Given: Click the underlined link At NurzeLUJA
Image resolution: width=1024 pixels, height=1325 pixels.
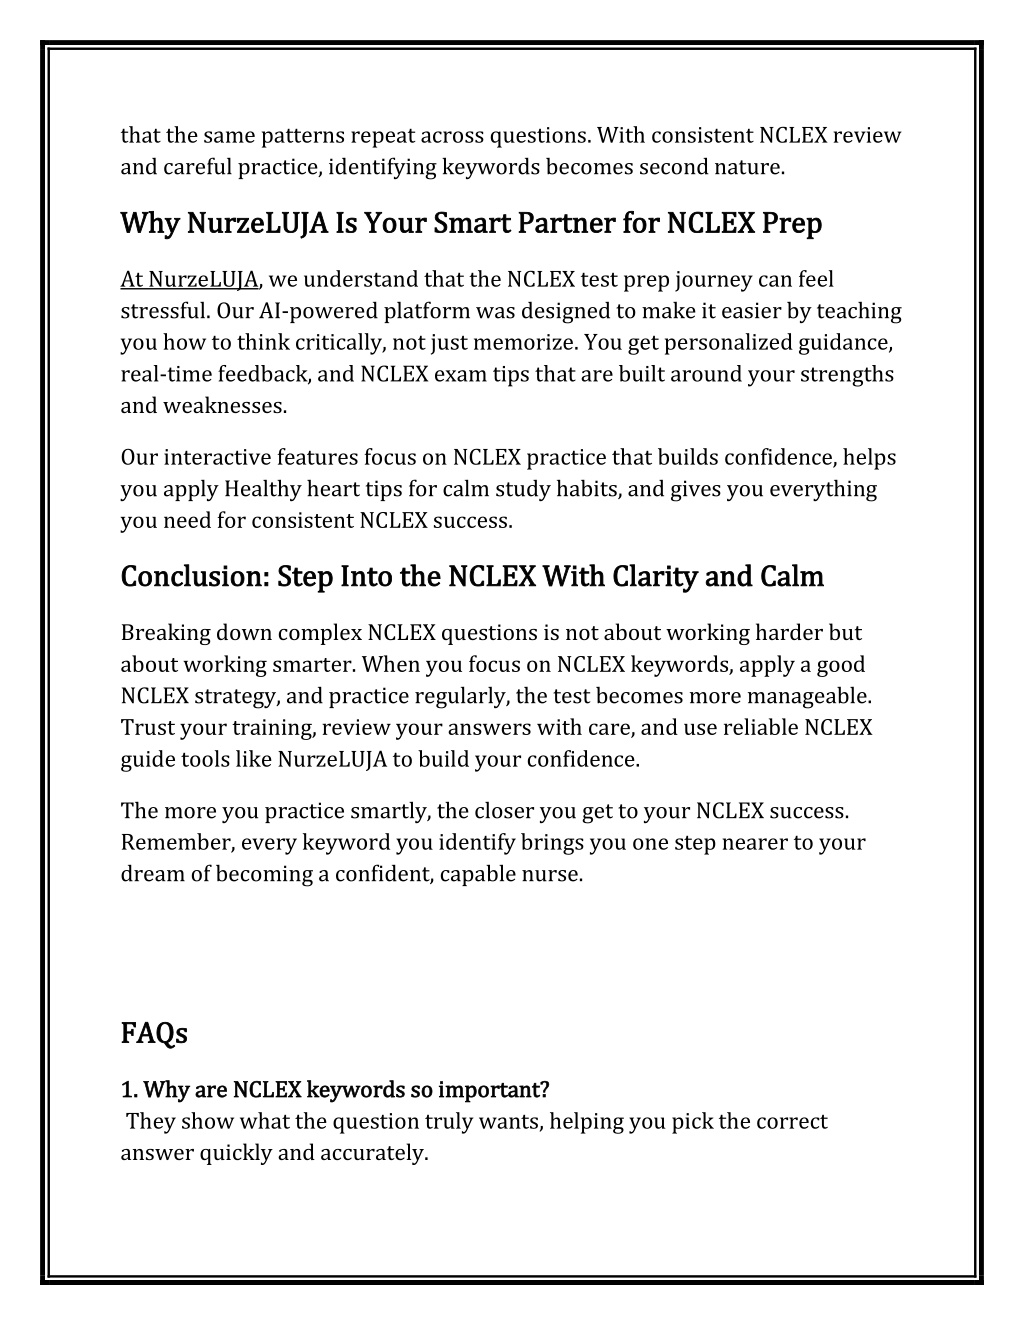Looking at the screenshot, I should pos(190,280).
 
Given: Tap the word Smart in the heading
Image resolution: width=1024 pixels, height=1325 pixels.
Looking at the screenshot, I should pos(472,225).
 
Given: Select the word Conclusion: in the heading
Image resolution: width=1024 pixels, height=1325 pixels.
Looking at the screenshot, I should pos(195,577).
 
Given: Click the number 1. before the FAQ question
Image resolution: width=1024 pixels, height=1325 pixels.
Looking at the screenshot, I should pos(128,1089).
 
